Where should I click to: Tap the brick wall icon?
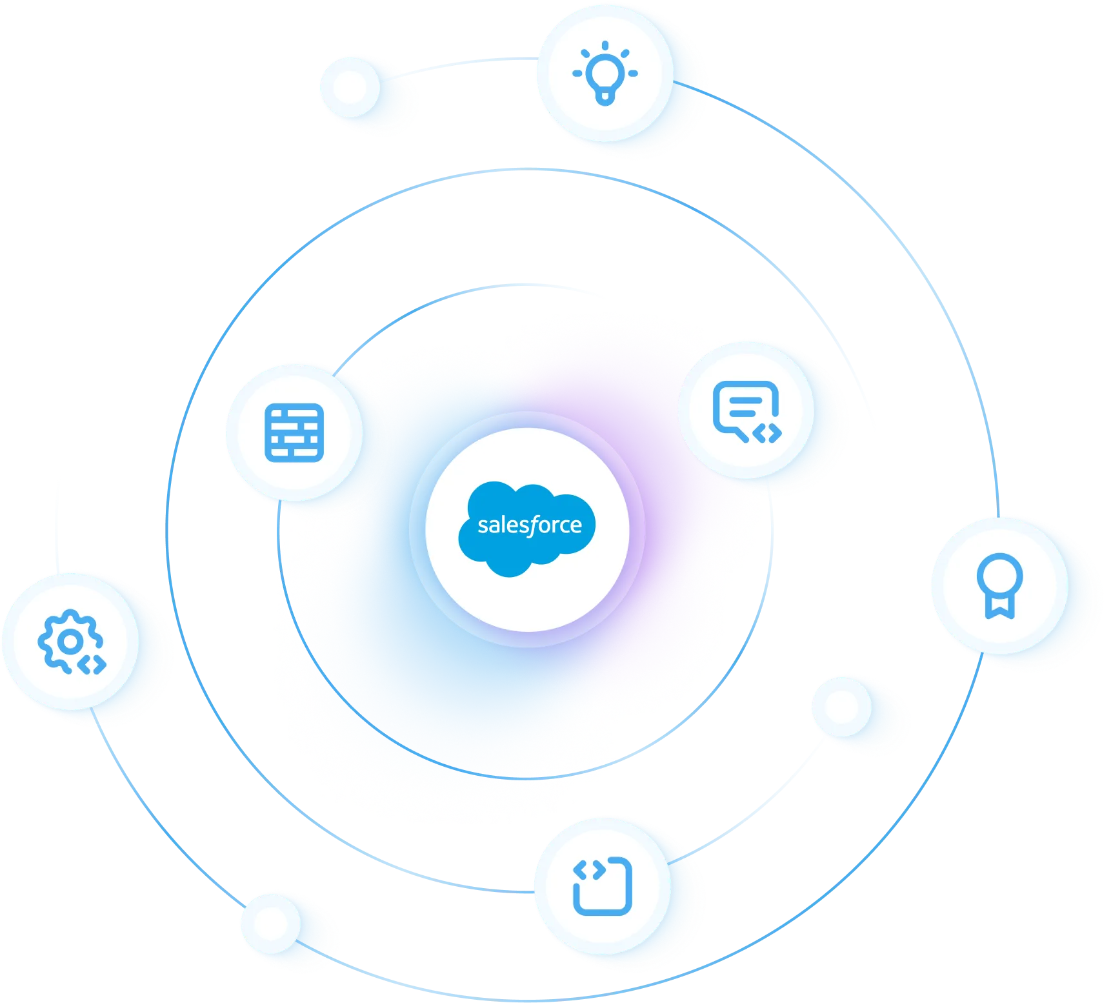(x=294, y=432)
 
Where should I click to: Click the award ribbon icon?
(x=999, y=585)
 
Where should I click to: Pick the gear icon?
(x=70, y=642)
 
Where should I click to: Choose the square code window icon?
(x=603, y=886)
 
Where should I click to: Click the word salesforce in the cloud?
(x=529, y=525)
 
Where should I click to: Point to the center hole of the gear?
(x=70, y=641)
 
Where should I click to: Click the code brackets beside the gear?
(x=92, y=664)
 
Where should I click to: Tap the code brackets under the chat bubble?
(x=768, y=434)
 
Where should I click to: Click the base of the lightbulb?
(x=605, y=98)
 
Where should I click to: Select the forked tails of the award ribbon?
(x=999, y=606)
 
